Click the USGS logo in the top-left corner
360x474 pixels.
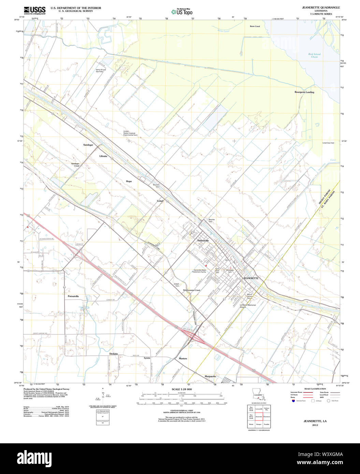(x=34, y=10)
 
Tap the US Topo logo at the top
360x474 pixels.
(x=182, y=12)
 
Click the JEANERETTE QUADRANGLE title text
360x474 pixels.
(x=316, y=8)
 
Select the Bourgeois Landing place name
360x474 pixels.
(x=304, y=92)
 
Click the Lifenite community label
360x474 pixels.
(x=103, y=156)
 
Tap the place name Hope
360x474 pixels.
(x=129, y=181)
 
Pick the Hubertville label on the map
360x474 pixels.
(x=203, y=240)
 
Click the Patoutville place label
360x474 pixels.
(x=73, y=296)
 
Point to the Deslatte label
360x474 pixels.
(x=114, y=354)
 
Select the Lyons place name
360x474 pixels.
(x=147, y=358)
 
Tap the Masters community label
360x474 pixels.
(x=183, y=358)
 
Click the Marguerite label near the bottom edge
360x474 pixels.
(x=210, y=376)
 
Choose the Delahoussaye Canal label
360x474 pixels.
(x=191, y=290)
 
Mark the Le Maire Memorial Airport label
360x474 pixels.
(x=247, y=306)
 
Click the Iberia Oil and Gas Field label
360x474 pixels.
(x=101, y=71)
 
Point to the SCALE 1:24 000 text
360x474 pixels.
(x=182, y=389)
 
